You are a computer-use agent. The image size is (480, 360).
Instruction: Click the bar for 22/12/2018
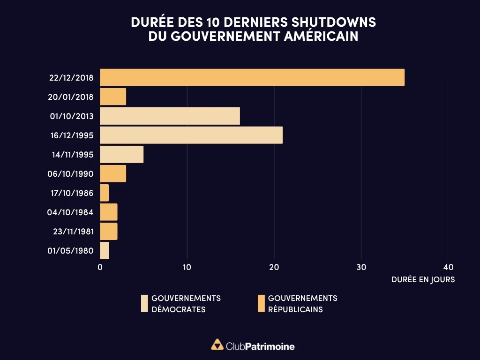pos(252,77)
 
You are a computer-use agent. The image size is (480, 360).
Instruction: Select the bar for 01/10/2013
pos(170,116)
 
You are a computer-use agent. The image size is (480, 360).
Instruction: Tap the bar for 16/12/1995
pos(191,135)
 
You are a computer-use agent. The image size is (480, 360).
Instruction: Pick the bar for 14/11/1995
pos(122,154)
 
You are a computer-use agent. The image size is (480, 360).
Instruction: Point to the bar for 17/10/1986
pos(105,193)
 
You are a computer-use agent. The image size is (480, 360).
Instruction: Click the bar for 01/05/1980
pos(105,250)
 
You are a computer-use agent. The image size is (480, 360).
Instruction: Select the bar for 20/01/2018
pos(113,97)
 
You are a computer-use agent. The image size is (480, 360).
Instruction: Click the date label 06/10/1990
pos(70,174)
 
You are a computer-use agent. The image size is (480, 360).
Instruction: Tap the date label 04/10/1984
pos(70,212)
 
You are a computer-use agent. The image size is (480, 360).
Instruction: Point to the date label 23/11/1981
pos(70,232)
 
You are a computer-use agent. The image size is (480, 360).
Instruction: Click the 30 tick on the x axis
pos(361,267)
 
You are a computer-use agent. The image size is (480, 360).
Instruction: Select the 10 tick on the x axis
pos(187,267)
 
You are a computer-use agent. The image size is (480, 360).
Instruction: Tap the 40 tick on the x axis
pos(448,267)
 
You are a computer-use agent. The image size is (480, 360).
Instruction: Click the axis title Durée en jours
pos(423,279)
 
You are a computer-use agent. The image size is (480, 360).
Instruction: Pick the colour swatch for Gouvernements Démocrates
pos(144,304)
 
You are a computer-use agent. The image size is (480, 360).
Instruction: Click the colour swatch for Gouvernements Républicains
pos(261,304)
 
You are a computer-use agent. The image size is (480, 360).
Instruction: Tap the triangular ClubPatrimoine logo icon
pos(217,345)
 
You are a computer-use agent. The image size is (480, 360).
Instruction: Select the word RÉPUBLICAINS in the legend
pos(295,309)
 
